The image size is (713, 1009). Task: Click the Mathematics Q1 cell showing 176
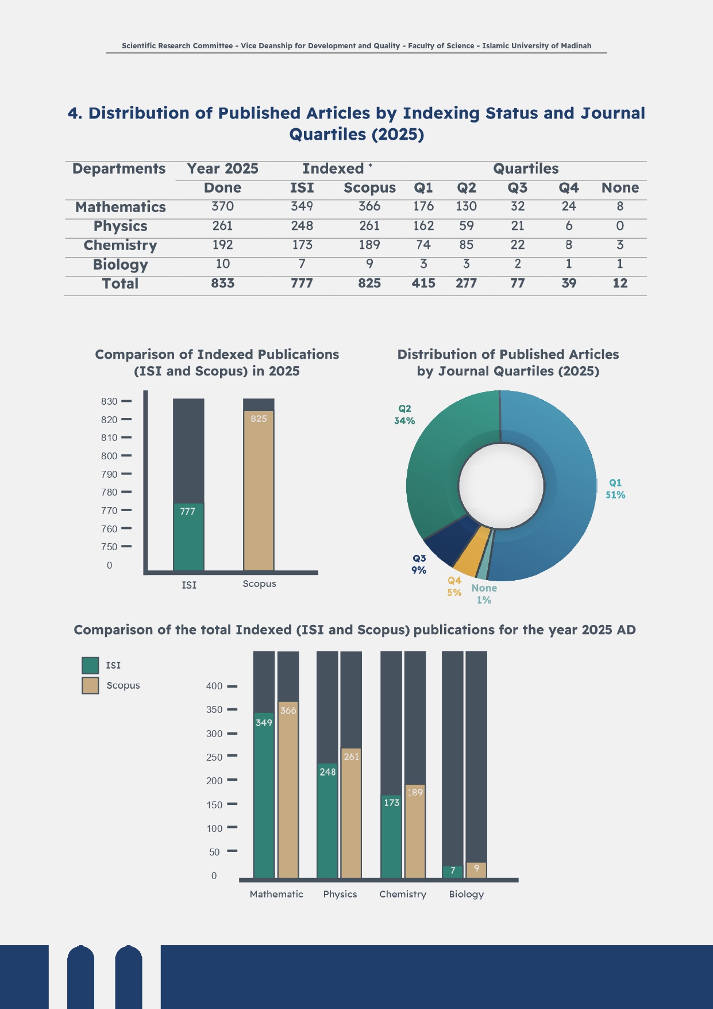(x=423, y=206)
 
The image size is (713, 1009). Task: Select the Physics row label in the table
(x=120, y=226)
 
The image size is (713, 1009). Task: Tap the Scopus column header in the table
(x=369, y=188)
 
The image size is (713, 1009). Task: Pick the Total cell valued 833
(x=222, y=283)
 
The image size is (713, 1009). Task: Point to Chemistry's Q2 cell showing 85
(x=466, y=245)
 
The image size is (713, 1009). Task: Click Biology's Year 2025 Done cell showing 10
(x=222, y=264)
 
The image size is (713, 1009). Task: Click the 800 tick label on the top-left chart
(x=109, y=456)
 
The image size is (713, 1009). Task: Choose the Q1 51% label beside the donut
(x=615, y=489)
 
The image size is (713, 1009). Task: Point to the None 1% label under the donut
(x=484, y=594)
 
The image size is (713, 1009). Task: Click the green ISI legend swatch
(x=90, y=665)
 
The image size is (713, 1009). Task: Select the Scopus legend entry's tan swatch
(x=90, y=685)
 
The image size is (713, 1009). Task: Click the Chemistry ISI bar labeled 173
(x=391, y=837)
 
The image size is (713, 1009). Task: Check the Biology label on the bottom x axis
(x=466, y=894)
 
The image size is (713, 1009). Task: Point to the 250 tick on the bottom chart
(x=214, y=757)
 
